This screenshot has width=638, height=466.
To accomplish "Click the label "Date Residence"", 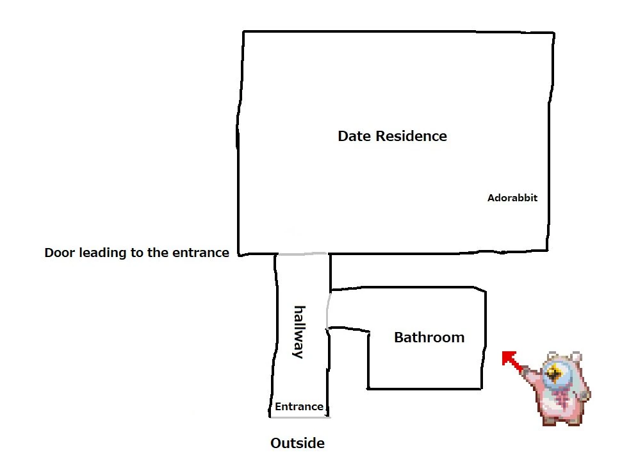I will [392, 136].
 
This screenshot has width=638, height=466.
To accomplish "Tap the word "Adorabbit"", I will [512, 197].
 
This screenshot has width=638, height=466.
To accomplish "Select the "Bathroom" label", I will [429, 337].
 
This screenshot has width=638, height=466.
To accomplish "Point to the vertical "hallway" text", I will [298, 331].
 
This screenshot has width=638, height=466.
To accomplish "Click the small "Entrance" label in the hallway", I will [299, 406].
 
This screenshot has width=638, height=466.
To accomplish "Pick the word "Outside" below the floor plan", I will [297, 443].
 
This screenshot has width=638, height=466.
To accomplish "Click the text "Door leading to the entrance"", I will [136, 253].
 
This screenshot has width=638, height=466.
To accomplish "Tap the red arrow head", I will [508, 358].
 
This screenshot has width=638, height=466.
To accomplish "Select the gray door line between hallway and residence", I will [302, 254].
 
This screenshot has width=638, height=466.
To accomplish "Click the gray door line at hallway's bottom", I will [299, 417].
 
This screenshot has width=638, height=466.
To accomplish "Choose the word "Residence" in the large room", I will [411, 136].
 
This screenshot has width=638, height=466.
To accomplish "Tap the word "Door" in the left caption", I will [60, 253].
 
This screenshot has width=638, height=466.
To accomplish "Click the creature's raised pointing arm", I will [532, 372].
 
